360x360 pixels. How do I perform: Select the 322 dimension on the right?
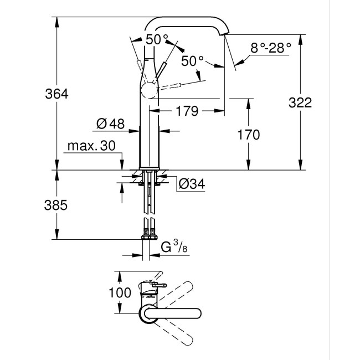pos(300,102)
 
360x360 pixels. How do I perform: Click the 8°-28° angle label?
pos(271,48)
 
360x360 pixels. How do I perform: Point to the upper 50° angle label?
pos(157,39)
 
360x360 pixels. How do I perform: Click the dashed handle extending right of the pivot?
pos(180,84)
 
